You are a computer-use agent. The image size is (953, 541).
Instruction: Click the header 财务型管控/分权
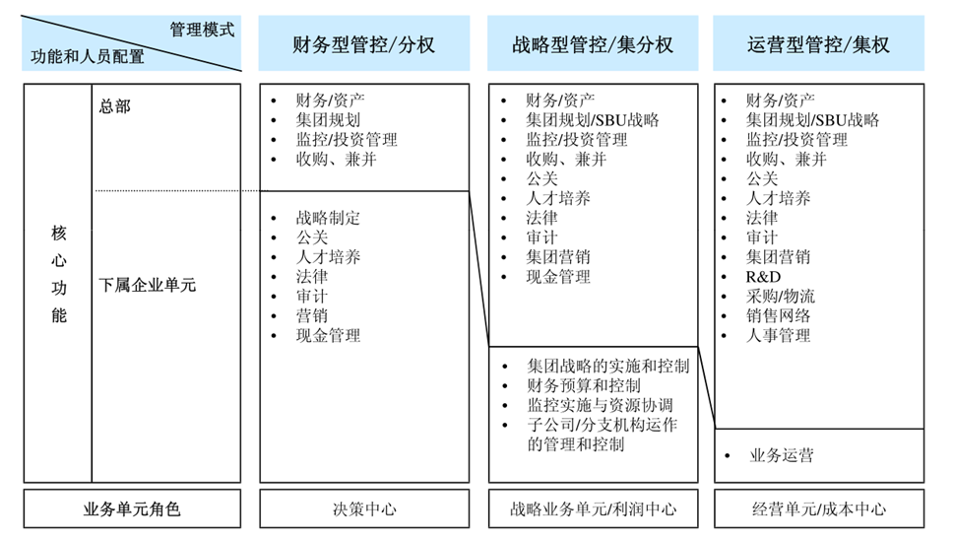click(x=363, y=44)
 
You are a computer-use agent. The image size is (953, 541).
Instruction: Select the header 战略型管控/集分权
click(x=593, y=44)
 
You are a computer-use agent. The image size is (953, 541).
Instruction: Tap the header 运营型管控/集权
click(x=818, y=44)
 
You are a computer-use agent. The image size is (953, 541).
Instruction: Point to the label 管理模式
click(x=202, y=30)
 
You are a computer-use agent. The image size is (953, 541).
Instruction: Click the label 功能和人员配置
click(x=88, y=56)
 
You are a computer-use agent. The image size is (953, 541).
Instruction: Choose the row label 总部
click(x=115, y=106)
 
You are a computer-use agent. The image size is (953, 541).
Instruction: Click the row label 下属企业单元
click(x=147, y=285)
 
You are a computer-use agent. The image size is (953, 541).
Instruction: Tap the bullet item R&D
click(x=763, y=277)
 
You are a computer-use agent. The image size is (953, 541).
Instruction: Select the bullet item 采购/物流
click(x=781, y=297)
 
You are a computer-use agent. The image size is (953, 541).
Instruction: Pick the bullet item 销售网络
click(x=778, y=316)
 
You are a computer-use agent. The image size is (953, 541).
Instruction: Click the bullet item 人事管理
click(x=778, y=335)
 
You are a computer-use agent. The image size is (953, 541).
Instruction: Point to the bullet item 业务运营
click(x=781, y=455)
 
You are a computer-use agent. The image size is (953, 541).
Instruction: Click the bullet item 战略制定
click(x=328, y=218)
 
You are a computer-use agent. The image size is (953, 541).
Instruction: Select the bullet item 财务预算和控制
click(x=584, y=385)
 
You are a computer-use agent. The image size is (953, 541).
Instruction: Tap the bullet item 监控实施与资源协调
click(x=600, y=405)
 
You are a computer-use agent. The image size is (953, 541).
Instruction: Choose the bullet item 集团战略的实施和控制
click(x=607, y=366)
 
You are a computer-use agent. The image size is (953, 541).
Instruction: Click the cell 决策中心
click(x=364, y=508)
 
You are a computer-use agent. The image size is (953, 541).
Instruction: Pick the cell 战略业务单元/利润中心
click(x=593, y=508)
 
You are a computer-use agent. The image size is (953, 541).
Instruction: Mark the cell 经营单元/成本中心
click(x=819, y=508)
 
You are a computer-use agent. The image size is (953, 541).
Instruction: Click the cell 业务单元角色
click(x=132, y=508)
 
